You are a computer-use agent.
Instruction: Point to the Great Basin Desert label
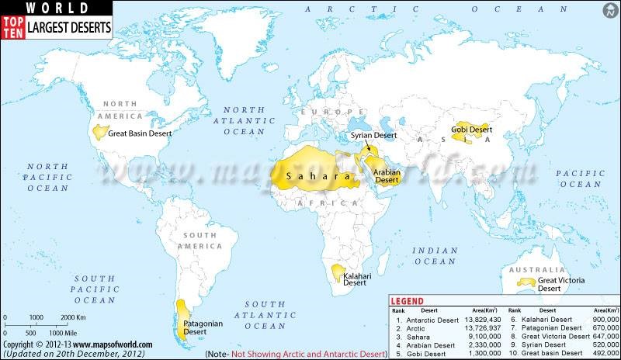(x=140, y=133)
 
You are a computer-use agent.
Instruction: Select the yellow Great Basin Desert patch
(x=100, y=132)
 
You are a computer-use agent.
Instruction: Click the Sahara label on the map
(x=314, y=178)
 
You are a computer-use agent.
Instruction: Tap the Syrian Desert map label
(x=374, y=135)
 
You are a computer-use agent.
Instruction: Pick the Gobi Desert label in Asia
(x=472, y=129)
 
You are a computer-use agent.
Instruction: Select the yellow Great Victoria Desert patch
(x=529, y=281)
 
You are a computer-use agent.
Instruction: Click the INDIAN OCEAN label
(x=435, y=256)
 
